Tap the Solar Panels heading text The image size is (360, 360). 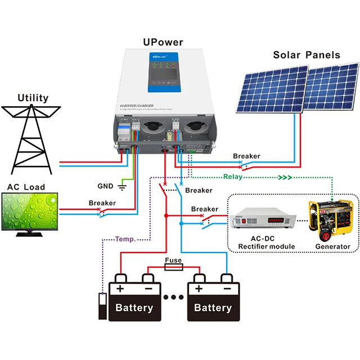pyautogui.click(x=307, y=55)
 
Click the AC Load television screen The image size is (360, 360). pyautogui.click(x=30, y=212)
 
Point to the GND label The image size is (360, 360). pyautogui.click(x=105, y=186)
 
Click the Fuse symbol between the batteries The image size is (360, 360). pyautogui.click(x=172, y=269)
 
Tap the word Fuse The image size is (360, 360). pyautogui.click(x=173, y=261)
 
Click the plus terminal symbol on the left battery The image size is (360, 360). pyautogui.click(x=120, y=288)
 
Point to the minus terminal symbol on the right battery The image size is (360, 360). pyautogui.click(x=226, y=289)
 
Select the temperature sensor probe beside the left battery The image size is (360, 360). pyautogui.click(x=102, y=306)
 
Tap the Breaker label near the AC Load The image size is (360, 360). pyautogui.click(x=102, y=203)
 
